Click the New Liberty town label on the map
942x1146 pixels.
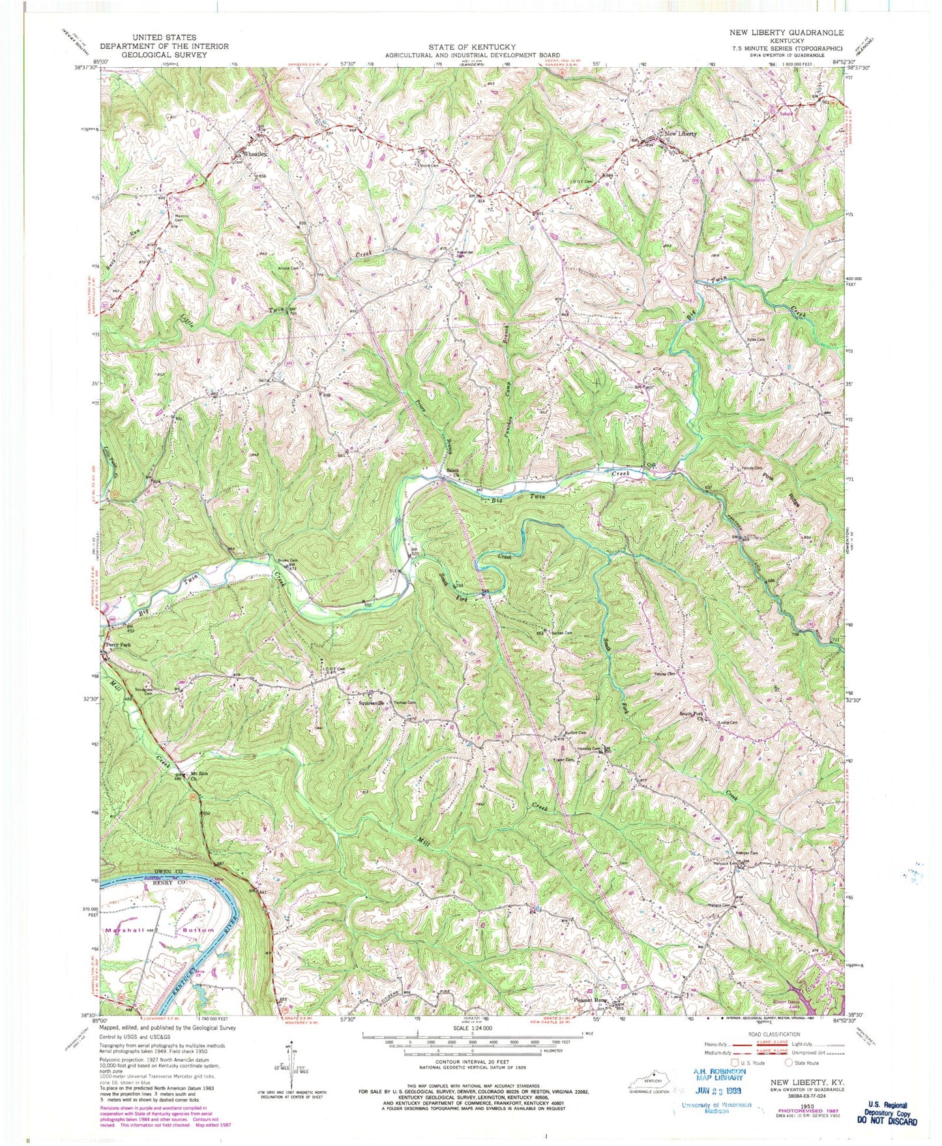coord(680,134)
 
